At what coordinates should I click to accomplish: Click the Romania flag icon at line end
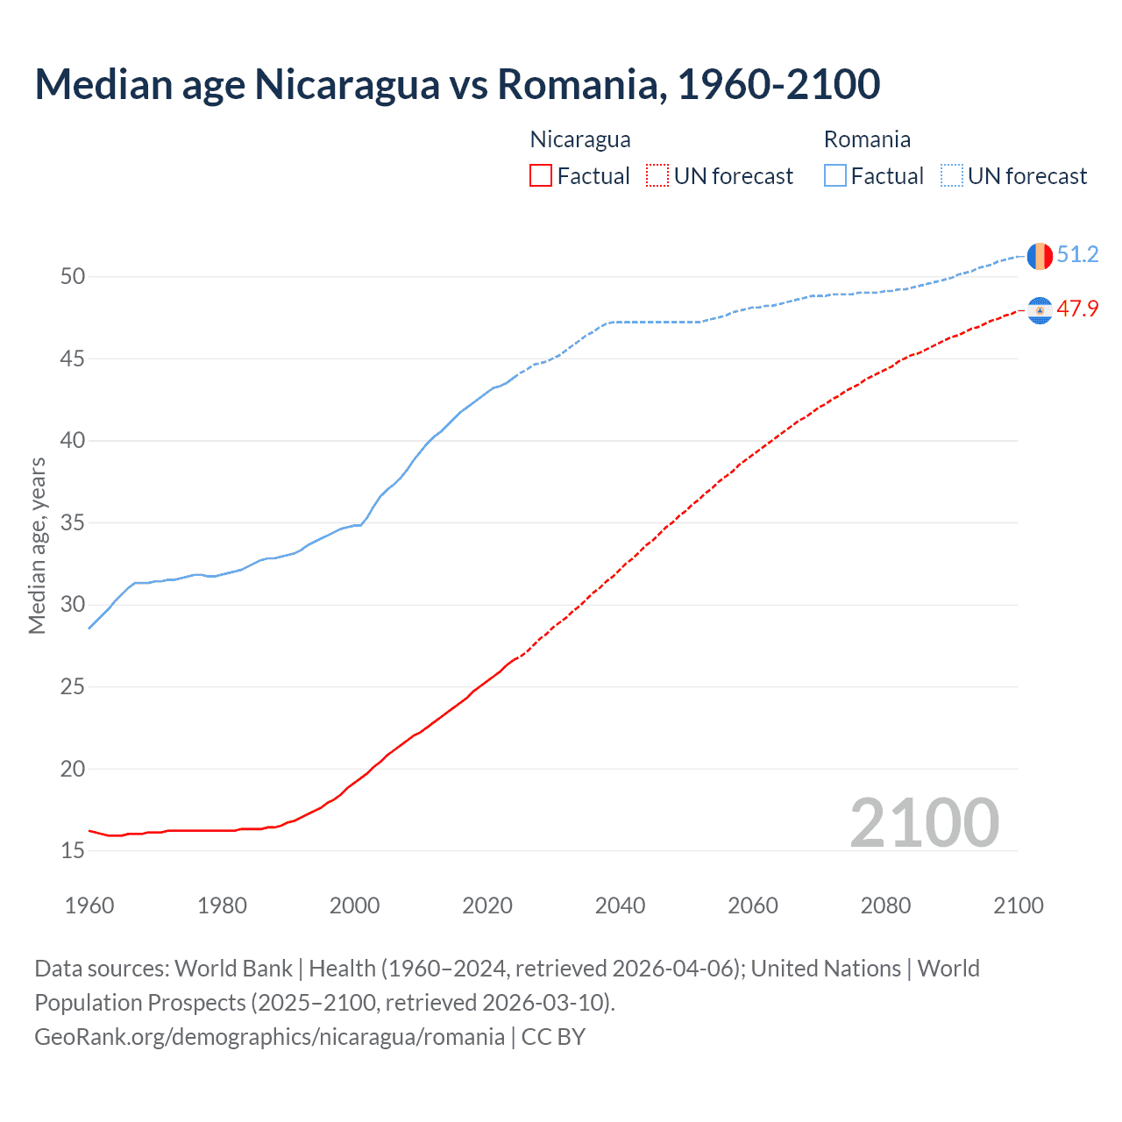point(1040,256)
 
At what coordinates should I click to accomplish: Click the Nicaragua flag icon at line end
point(1040,310)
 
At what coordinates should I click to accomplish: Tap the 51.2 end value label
point(1077,255)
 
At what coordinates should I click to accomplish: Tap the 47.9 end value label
point(1077,309)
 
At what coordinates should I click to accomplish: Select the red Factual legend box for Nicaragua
point(541,176)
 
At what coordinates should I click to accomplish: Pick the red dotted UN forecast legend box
point(657,176)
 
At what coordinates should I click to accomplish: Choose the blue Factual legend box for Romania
point(835,176)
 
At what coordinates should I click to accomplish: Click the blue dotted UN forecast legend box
point(951,176)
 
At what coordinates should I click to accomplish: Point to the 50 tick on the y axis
point(73,277)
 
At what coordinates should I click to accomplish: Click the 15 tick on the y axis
point(73,851)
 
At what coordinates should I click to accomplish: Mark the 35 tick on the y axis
point(73,523)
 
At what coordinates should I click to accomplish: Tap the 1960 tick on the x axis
point(89,905)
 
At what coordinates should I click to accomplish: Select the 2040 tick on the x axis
point(620,905)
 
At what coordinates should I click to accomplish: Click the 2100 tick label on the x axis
point(1018,905)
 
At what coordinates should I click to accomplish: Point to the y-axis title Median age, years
point(37,545)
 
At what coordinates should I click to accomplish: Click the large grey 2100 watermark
point(924,822)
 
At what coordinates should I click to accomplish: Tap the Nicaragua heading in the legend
point(580,139)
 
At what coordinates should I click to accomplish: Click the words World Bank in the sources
point(233,969)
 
